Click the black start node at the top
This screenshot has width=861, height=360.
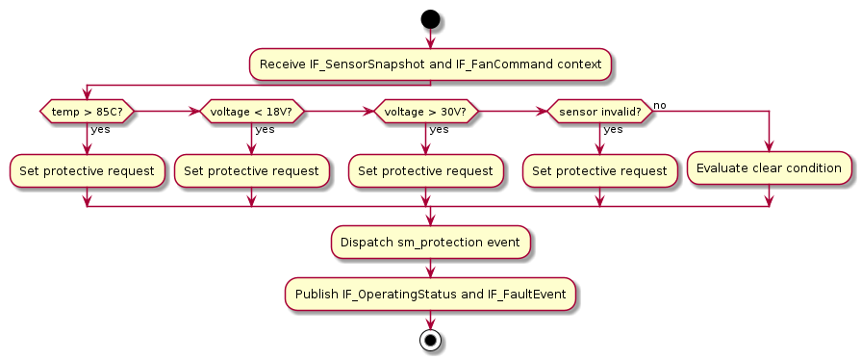click(430, 19)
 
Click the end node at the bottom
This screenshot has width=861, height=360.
click(430, 340)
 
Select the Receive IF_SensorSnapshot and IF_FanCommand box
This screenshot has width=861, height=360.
click(430, 64)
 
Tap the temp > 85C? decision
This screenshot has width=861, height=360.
click(86, 112)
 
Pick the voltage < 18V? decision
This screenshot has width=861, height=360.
click(251, 112)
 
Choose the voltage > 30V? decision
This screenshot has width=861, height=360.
click(425, 112)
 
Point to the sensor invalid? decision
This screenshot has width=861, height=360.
click(599, 112)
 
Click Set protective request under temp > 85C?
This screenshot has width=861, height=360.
click(87, 170)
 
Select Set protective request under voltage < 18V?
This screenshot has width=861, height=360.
click(251, 170)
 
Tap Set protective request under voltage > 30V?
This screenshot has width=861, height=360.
click(425, 170)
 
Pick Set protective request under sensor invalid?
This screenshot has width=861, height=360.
click(599, 170)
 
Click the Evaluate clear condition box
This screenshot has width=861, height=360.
click(770, 167)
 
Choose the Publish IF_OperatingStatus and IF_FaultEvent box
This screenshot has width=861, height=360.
click(430, 293)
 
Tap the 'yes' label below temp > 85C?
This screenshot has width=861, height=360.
click(100, 130)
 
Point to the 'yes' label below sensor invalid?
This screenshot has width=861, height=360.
click(613, 130)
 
